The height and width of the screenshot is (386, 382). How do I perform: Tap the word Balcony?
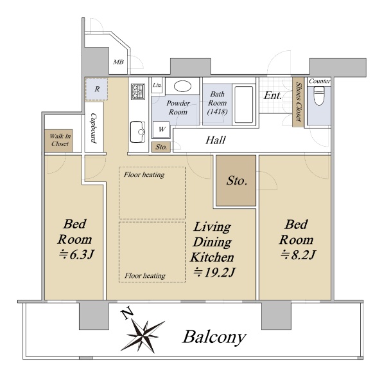coord(214,336)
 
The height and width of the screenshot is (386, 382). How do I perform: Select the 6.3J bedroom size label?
coord(76,254)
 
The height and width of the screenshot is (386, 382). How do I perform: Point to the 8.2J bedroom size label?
coord(298,255)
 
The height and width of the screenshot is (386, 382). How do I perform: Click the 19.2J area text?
coord(214,272)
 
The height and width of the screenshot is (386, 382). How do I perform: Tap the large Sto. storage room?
coord(236,180)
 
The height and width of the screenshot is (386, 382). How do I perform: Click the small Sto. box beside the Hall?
coord(161,147)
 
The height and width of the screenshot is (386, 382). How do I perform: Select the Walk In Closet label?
coord(60,140)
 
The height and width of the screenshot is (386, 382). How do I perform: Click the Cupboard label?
coord(93,128)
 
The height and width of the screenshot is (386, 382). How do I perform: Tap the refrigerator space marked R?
coord(96,89)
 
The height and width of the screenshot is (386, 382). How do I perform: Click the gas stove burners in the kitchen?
coord(138,91)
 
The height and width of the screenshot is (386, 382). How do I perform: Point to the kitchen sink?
coord(137,132)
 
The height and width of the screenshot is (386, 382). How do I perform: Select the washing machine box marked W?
coord(161,129)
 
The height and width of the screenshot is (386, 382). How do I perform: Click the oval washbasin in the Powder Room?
coord(182,86)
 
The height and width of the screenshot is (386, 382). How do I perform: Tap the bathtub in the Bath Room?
coord(244,104)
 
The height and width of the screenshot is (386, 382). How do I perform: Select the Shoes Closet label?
coord(299,102)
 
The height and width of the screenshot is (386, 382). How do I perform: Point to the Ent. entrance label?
coord(272,95)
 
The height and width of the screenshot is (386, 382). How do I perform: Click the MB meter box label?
coord(118,62)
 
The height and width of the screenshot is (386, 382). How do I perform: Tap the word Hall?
coord(216,140)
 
